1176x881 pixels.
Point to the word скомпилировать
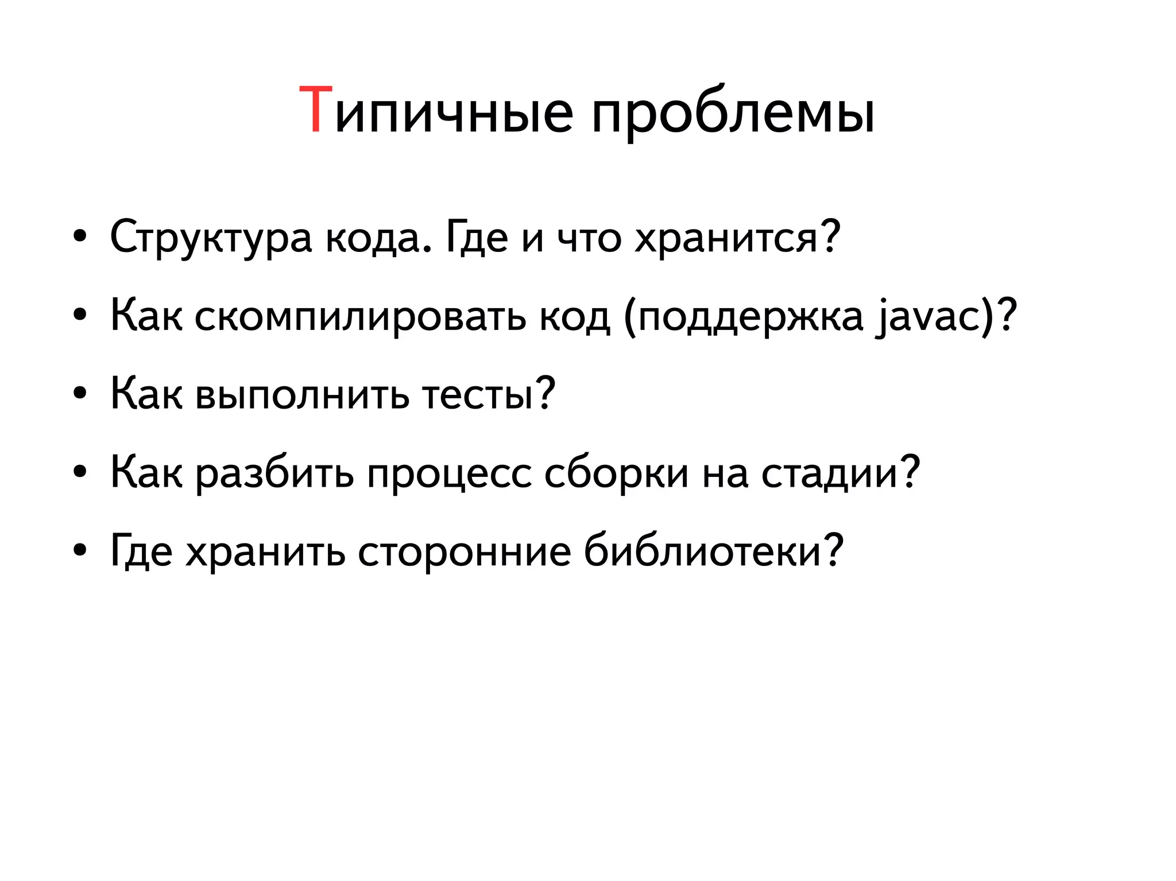pyautogui.click(x=360, y=316)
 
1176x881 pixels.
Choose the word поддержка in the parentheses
pyautogui.click(x=751, y=316)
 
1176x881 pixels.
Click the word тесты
pyautogui.click(x=478, y=395)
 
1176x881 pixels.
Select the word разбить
pyautogui.click(x=275, y=474)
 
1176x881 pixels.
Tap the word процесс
pyautogui.click(x=450, y=474)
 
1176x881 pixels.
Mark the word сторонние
pyautogui.click(x=465, y=551)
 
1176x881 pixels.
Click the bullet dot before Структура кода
pyautogui.click(x=80, y=236)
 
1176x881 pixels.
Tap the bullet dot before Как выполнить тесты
pyautogui.click(x=80, y=394)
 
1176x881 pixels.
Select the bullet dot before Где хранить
pyautogui.click(x=80, y=551)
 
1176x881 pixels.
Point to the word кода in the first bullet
pyautogui.click(x=378, y=238)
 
